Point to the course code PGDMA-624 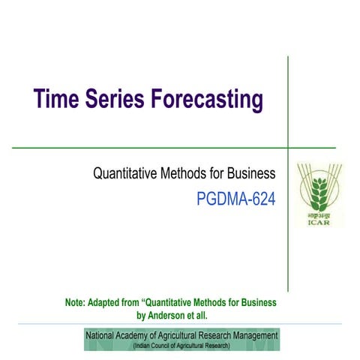[x=235, y=199]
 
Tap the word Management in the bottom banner [x=253, y=335]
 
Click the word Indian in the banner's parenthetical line [x=144, y=346]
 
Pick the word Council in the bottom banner [x=167, y=346]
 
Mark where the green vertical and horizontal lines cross [x=289, y=148]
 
